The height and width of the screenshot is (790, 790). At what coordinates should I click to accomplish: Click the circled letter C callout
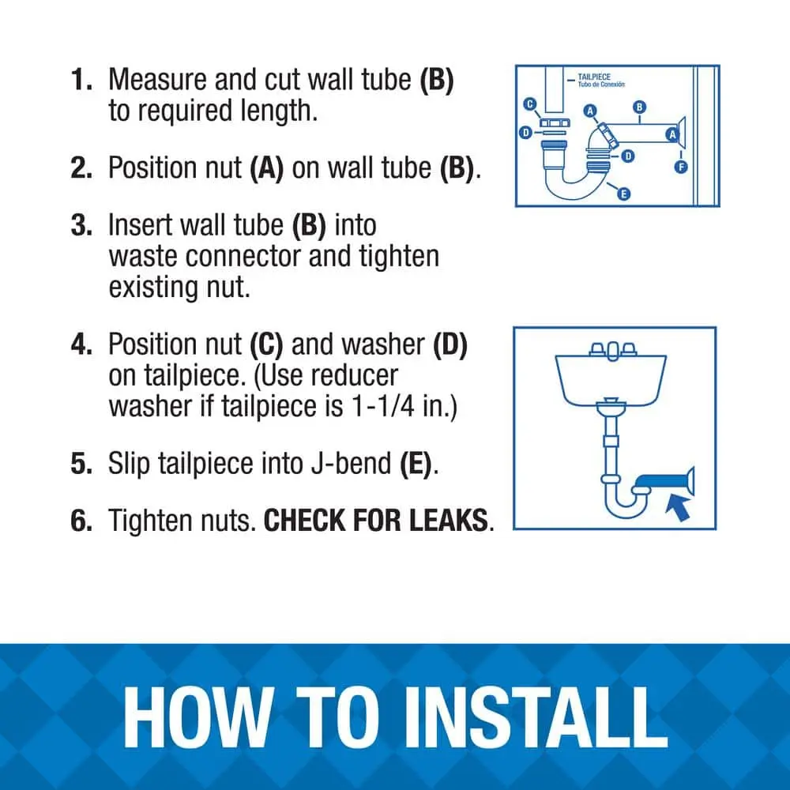point(529,104)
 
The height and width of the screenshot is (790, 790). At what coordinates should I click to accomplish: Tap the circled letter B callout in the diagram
point(639,107)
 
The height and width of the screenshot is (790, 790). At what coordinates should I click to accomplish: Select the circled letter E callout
point(623,194)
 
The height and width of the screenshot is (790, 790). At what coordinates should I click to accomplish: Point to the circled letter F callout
point(681,167)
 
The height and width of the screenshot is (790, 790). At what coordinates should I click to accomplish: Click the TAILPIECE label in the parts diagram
point(594,77)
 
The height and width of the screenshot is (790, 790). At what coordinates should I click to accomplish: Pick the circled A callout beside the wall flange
point(671,134)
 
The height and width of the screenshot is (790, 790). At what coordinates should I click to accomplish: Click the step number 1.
point(81,80)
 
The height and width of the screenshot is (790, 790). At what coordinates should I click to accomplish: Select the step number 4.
point(81,344)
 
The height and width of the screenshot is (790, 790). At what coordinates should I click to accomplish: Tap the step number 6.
point(81,521)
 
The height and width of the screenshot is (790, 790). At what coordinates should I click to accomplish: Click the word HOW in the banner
point(198,718)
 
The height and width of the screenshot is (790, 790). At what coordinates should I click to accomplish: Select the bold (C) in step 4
point(266,344)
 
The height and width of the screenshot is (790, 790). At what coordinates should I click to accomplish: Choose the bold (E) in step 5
point(416,464)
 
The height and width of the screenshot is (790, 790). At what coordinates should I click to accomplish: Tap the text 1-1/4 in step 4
point(383,406)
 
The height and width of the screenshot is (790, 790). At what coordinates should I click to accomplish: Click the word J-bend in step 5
point(351,464)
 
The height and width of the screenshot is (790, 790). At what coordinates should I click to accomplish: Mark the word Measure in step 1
point(157,80)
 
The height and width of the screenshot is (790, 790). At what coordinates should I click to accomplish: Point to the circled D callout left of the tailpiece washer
point(525,133)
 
